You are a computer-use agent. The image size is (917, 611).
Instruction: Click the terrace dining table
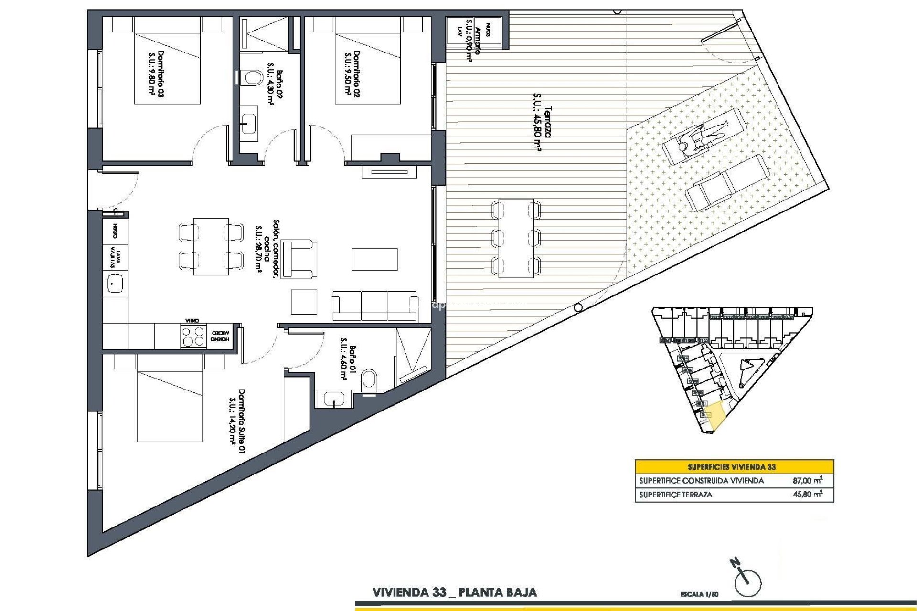pos(516,238)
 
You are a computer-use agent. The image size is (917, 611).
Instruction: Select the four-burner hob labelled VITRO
pos(193,336)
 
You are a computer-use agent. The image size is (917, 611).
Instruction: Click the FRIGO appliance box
pos(115,231)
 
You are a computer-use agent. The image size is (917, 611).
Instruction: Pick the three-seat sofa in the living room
pos(374,305)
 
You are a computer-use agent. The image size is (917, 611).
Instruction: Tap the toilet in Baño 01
pos(369,380)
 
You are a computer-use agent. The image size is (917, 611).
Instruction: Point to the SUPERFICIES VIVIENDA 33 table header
pos(734,467)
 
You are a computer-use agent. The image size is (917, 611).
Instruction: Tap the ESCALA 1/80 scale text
pos(699,594)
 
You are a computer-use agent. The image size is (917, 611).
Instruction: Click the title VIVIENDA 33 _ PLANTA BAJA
pos(454,593)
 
